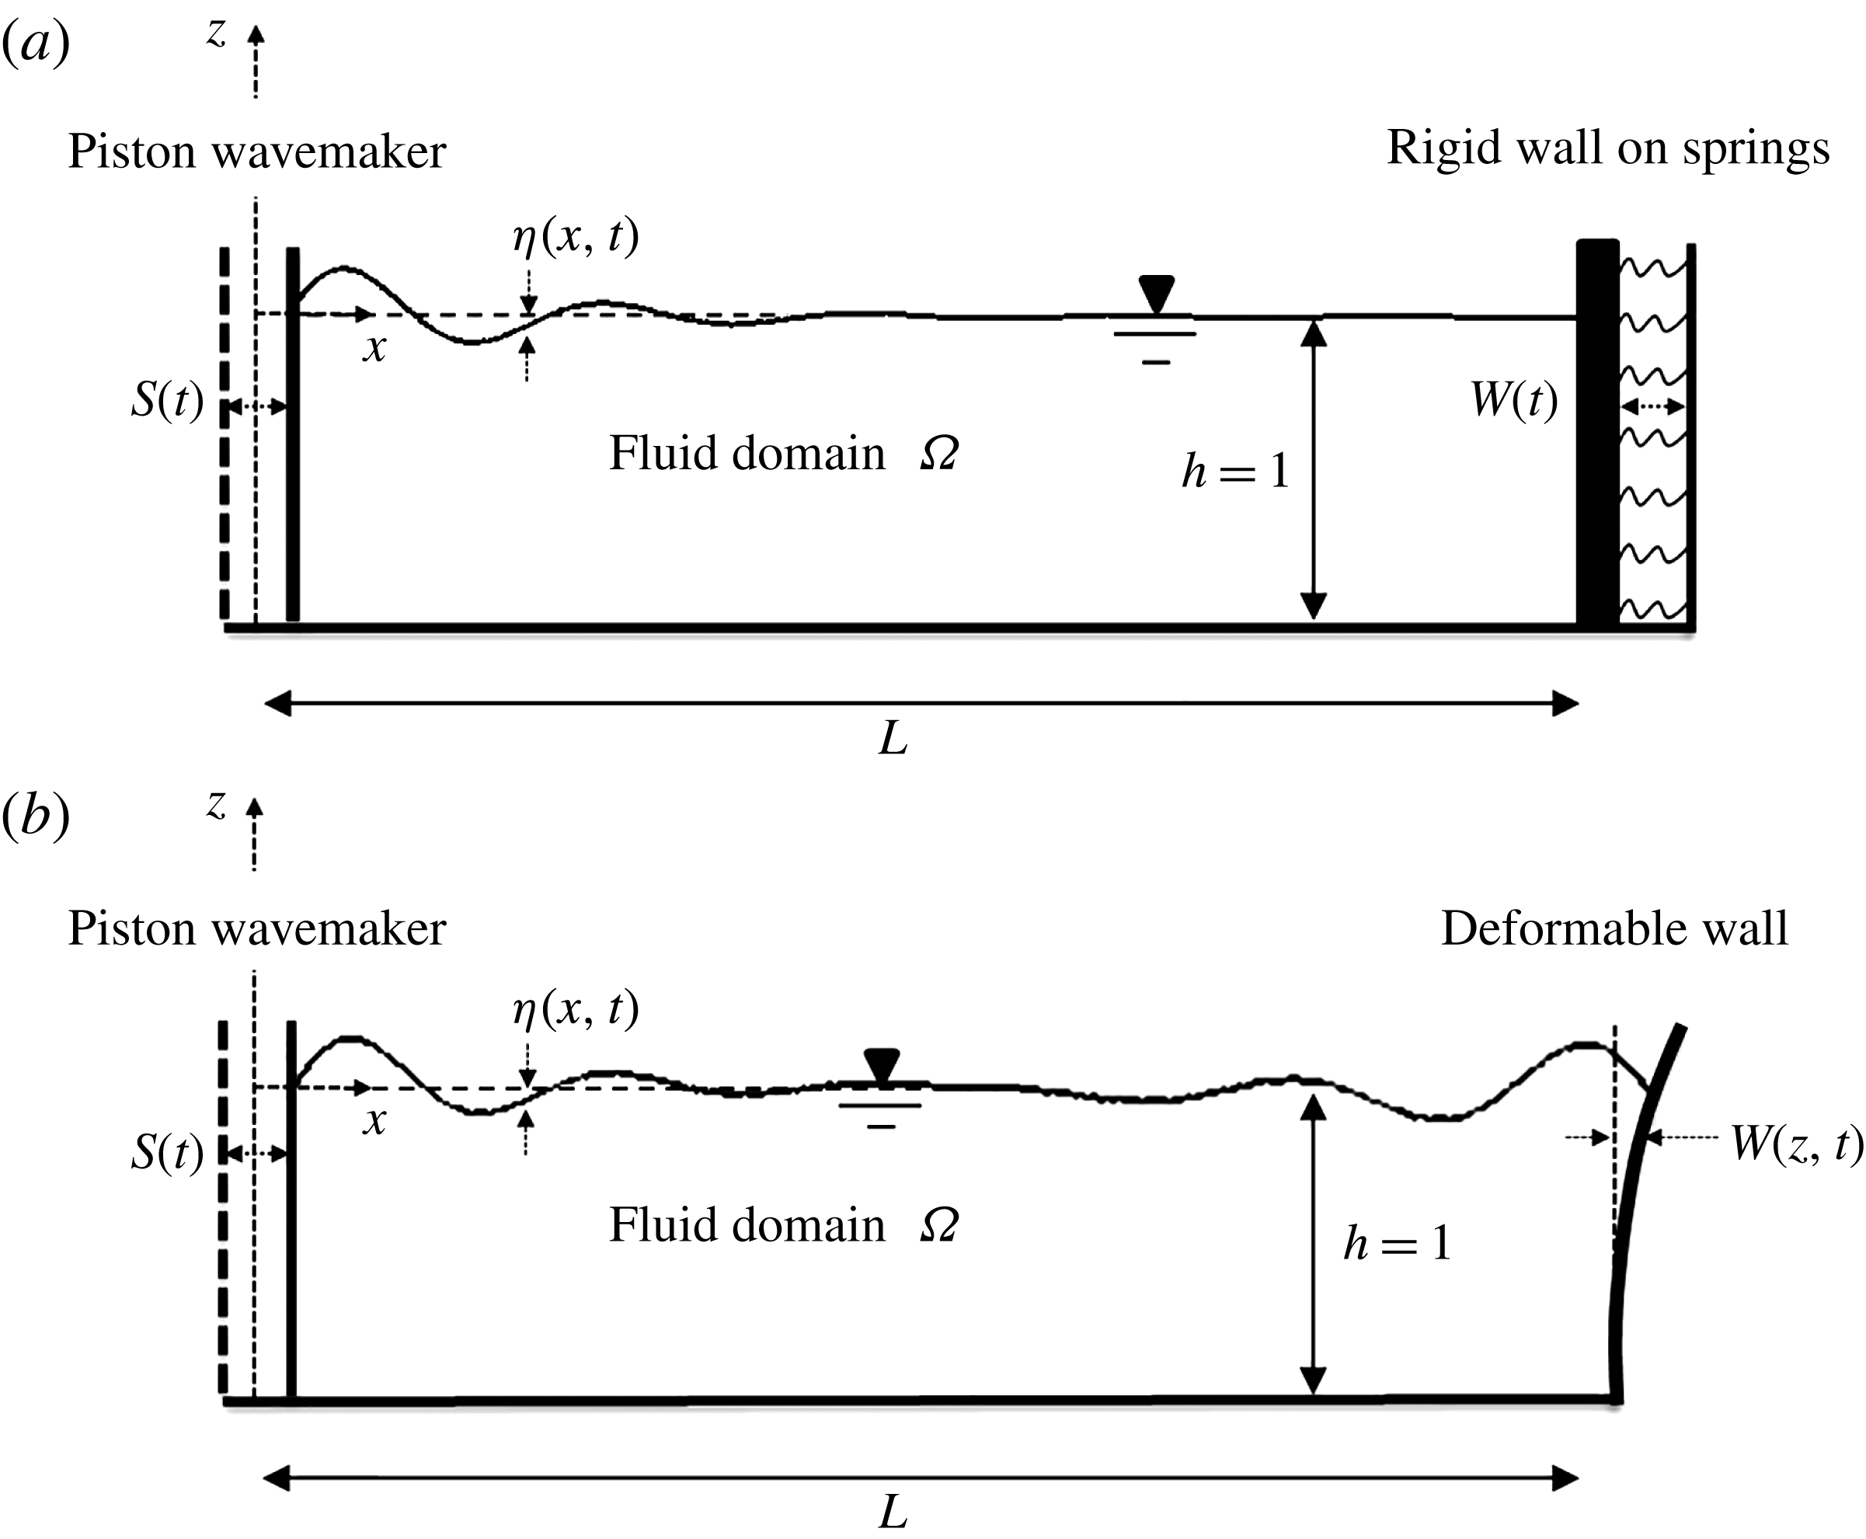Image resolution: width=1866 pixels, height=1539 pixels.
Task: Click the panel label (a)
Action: (36, 43)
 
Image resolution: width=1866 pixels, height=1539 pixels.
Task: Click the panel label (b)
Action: (36, 816)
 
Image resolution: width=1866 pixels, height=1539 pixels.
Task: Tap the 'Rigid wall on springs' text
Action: (1607, 148)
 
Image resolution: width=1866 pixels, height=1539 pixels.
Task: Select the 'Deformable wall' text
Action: (1614, 929)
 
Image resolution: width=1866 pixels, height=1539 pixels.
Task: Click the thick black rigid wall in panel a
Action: (1596, 434)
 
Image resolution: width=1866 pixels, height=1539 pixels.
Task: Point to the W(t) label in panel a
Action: (1513, 400)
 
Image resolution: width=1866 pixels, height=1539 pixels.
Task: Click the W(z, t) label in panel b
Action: (1796, 1144)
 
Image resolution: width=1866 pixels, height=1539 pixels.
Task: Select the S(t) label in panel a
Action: (167, 400)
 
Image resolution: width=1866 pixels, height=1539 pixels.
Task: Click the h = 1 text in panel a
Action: (1235, 471)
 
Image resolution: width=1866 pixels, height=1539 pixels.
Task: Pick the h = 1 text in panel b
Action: (1397, 1243)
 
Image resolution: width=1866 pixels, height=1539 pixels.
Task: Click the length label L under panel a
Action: (893, 737)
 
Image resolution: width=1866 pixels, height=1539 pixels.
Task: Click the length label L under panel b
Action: (893, 1512)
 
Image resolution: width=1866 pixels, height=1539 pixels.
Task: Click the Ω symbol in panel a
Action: (938, 454)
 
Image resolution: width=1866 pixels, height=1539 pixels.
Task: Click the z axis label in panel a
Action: (216, 33)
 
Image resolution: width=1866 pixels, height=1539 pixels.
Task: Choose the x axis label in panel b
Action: (374, 1123)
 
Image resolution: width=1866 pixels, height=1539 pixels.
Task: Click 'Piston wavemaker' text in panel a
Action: (256, 151)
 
